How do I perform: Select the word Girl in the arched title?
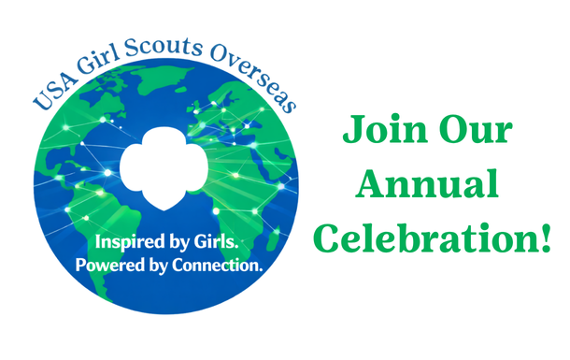point(103,52)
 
